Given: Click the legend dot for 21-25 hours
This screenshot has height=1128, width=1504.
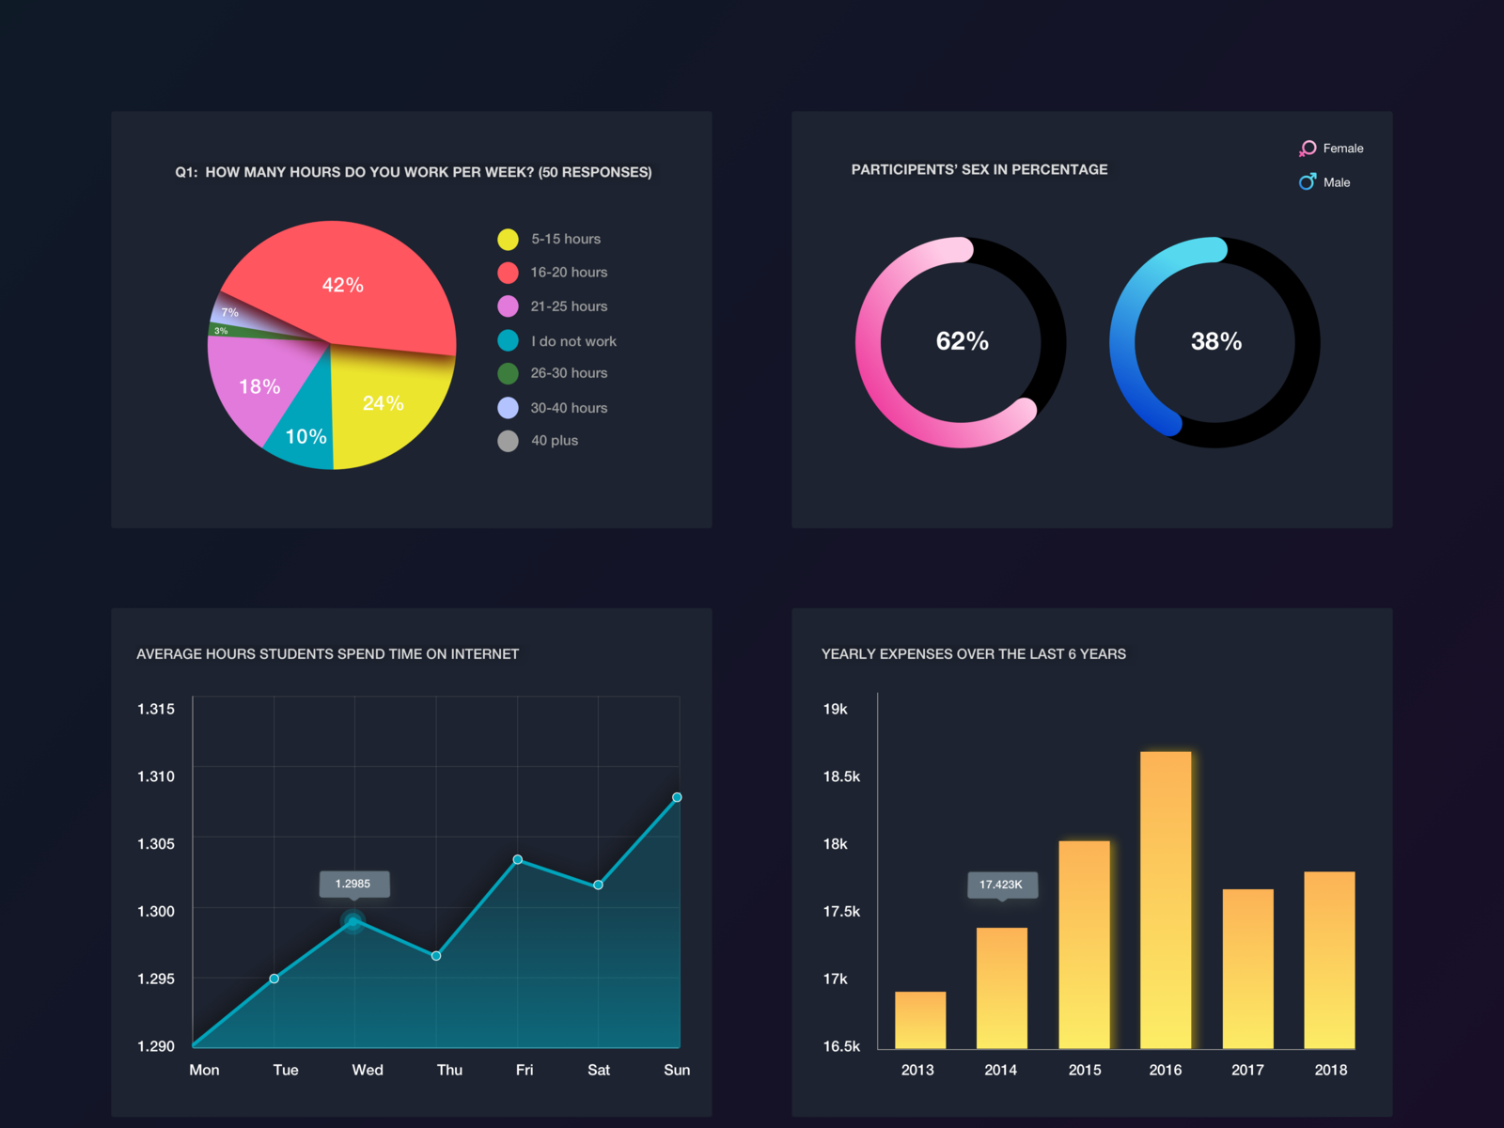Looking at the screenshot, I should pyautogui.click(x=508, y=306).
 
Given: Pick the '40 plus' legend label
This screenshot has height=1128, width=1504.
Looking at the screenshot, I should pyautogui.click(x=555, y=441).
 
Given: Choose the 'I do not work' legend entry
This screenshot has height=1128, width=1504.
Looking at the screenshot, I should pyautogui.click(x=573, y=341).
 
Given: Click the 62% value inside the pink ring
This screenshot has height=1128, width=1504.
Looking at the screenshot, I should pyautogui.click(x=962, y=341).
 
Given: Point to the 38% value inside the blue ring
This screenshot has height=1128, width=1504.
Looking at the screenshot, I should pyautogui.click(x=1216, y=341).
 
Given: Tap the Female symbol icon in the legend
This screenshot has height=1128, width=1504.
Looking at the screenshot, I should pyautogui.click(x=1308, y=149).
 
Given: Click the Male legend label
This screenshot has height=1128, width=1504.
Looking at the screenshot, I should pyautogui.click(x=1337, y=182).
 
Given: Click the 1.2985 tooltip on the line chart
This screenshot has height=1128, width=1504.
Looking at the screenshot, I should pyautogui.click(x=352, y=884).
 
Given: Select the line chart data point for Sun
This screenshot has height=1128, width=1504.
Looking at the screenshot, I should pyautogui.click(x=677, y=797).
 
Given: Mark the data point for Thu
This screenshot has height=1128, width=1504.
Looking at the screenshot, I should pyautogui.click(x=436, y=956).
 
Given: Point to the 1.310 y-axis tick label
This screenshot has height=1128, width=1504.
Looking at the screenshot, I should pyautogui.click(x=156, y=776).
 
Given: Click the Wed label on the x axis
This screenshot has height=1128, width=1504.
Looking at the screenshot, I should pyautogui.click(x=368, y=1070).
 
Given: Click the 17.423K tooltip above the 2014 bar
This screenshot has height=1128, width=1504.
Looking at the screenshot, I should pyautogui.click(x=1001, y=885).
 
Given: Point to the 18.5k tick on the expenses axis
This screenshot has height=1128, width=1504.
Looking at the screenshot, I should pyautogui.click(x=841, y=776).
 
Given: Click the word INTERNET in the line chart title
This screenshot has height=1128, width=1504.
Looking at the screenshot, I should pyautogui.click(x=484, y=654).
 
